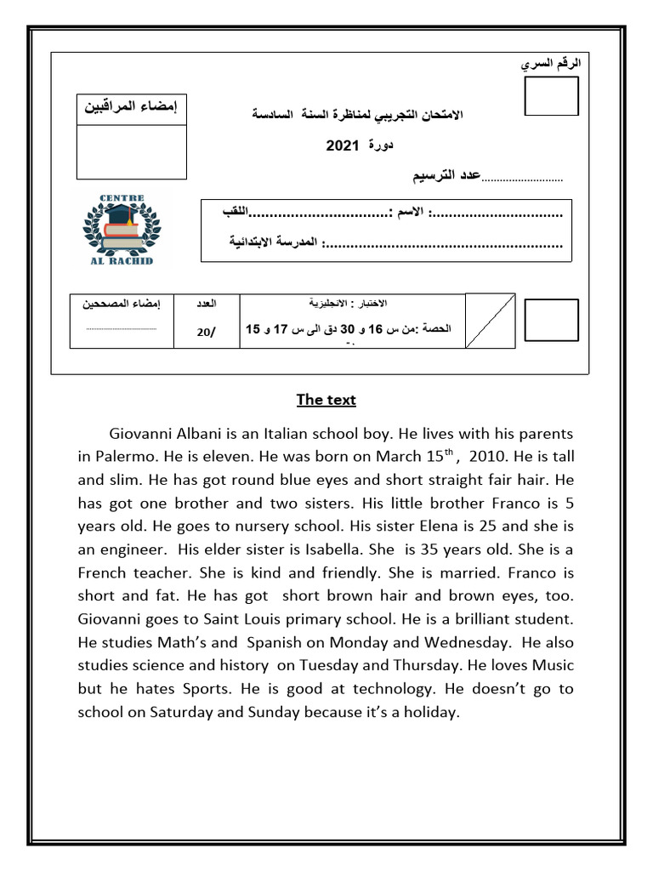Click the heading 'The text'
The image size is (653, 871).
pos(326,400)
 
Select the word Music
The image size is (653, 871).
pos(554,664)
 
